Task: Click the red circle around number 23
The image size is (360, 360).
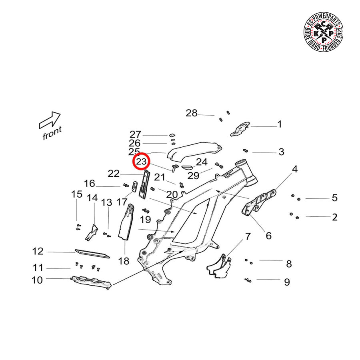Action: click(141, 162)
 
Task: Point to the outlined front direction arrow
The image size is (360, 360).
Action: click(50, 120)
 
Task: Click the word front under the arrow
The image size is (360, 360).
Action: click(52, 132)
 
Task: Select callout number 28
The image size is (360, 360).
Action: click(192, 113)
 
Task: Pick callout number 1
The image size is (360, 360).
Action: click(280, 124)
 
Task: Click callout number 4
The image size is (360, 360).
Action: click(295, 169)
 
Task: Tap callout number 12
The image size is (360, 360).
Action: click(38, 252)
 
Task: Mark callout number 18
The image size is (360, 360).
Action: click(124, 261)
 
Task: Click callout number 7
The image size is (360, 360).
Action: click(248, 236)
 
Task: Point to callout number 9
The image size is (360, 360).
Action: click(286, 282)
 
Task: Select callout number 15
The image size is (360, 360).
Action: click(77, 194)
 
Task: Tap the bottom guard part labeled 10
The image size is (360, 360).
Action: click(90, 282)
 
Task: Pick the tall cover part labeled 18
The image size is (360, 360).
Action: click(127, 222)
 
